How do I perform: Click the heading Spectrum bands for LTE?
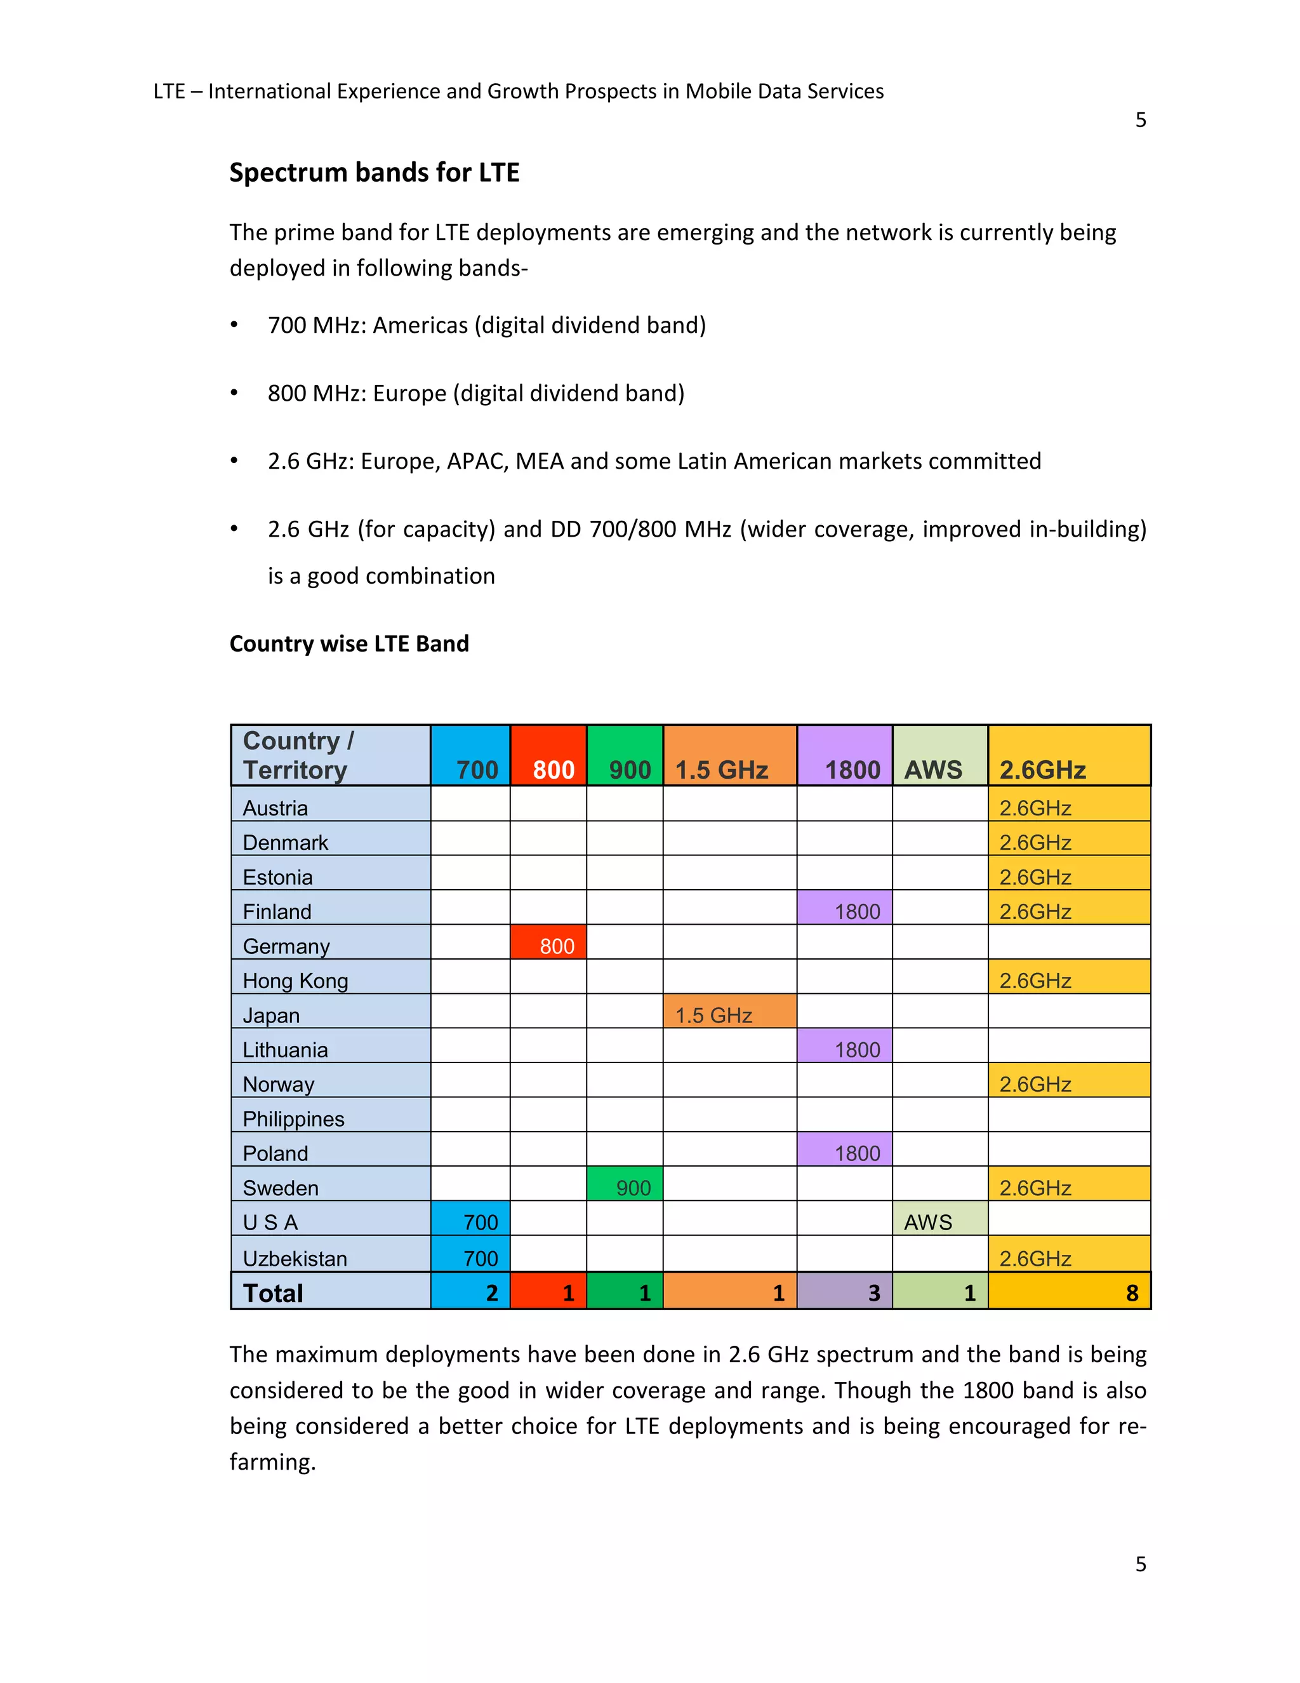click(375, 173)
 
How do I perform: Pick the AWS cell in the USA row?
click(939, 1220)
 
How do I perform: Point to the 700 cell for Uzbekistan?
click(470, 1256)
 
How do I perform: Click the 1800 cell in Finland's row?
click(845, 909)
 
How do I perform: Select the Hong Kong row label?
click(295, 980)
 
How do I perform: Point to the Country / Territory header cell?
click(330, 756)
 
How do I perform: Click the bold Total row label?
click(274, 1292)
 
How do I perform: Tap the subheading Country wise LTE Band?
click(349, 643)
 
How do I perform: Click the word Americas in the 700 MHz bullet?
click(420, 325)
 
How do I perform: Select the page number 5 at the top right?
click(1141, 120)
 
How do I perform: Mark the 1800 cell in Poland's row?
click(845, 1151)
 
